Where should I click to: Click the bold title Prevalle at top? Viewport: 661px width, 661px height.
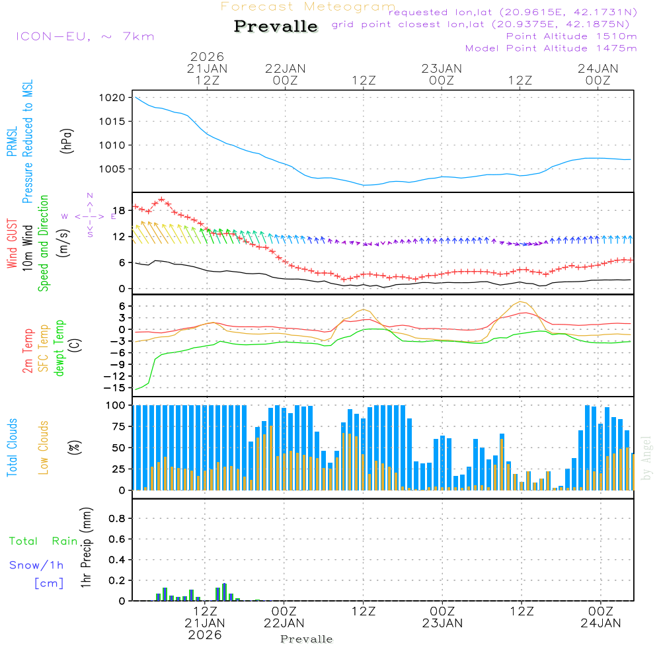click(x=276, y=26)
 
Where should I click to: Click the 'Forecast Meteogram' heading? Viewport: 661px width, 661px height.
click(x=308, y=7)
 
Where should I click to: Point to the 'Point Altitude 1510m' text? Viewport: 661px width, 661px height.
click(x=571, y=36)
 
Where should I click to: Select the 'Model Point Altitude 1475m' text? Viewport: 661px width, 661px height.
click(x=551, y=48)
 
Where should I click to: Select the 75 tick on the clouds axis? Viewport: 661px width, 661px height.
click(x=120, y=427)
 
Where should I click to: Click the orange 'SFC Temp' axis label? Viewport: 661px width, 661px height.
click(x=44, y=349)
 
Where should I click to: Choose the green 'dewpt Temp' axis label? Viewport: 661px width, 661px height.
click(x=59, y=349)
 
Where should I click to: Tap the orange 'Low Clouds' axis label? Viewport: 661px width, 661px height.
click(x=44, y=447)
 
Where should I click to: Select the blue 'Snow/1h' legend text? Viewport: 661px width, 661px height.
click(x=37, y=566)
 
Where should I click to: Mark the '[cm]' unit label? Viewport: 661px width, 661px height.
click(x=49, y=583)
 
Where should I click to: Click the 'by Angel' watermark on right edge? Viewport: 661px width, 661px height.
click(x=647, y=459)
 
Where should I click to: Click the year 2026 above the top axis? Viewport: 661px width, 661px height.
click(x=207, y=57)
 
